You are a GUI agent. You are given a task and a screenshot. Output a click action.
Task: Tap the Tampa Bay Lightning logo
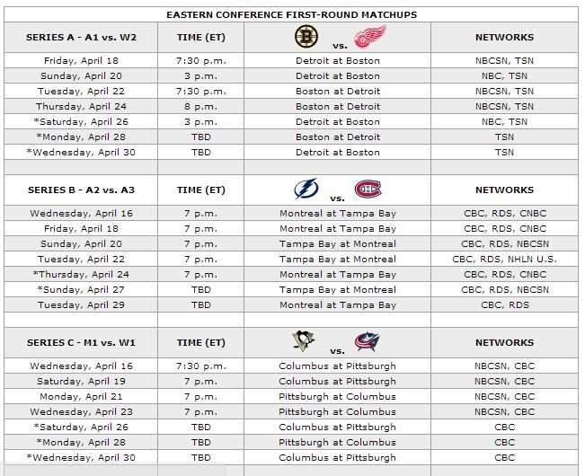tap(306, 190)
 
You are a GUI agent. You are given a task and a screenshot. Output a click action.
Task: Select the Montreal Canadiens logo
tap(368, 190)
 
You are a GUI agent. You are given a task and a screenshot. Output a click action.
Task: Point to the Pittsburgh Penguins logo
tap(305, 342)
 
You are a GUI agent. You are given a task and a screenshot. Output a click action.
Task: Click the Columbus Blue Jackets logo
tap(367, 342)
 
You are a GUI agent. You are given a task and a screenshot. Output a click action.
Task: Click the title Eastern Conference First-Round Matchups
tap(292, 14)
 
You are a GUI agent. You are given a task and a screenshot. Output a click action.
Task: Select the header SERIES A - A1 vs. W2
tap(82, 38)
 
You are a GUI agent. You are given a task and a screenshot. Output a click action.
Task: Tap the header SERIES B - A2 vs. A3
tap(82, 190)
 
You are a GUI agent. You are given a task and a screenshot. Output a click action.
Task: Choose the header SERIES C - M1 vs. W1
tap(82, 343)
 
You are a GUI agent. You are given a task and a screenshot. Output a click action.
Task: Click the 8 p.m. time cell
tap(201, 106)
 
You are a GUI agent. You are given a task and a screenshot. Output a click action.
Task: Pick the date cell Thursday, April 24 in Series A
tap(82, 106)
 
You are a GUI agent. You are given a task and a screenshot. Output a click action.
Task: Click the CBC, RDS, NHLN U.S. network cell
tap(504, 259)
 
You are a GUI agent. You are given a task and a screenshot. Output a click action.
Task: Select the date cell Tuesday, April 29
tap(82, 304)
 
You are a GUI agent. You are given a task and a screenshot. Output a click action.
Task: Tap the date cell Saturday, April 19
tap(82, 381)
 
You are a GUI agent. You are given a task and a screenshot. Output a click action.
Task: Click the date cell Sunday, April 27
tap(82, 289)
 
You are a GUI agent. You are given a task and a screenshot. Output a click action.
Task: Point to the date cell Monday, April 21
tap(82, 396)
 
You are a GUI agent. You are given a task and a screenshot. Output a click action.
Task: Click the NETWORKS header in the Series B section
tap(504, 190)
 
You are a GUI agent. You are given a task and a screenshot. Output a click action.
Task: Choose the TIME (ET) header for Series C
tap(201, 343)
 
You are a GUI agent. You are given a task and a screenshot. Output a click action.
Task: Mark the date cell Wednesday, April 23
tap(82, 411)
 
